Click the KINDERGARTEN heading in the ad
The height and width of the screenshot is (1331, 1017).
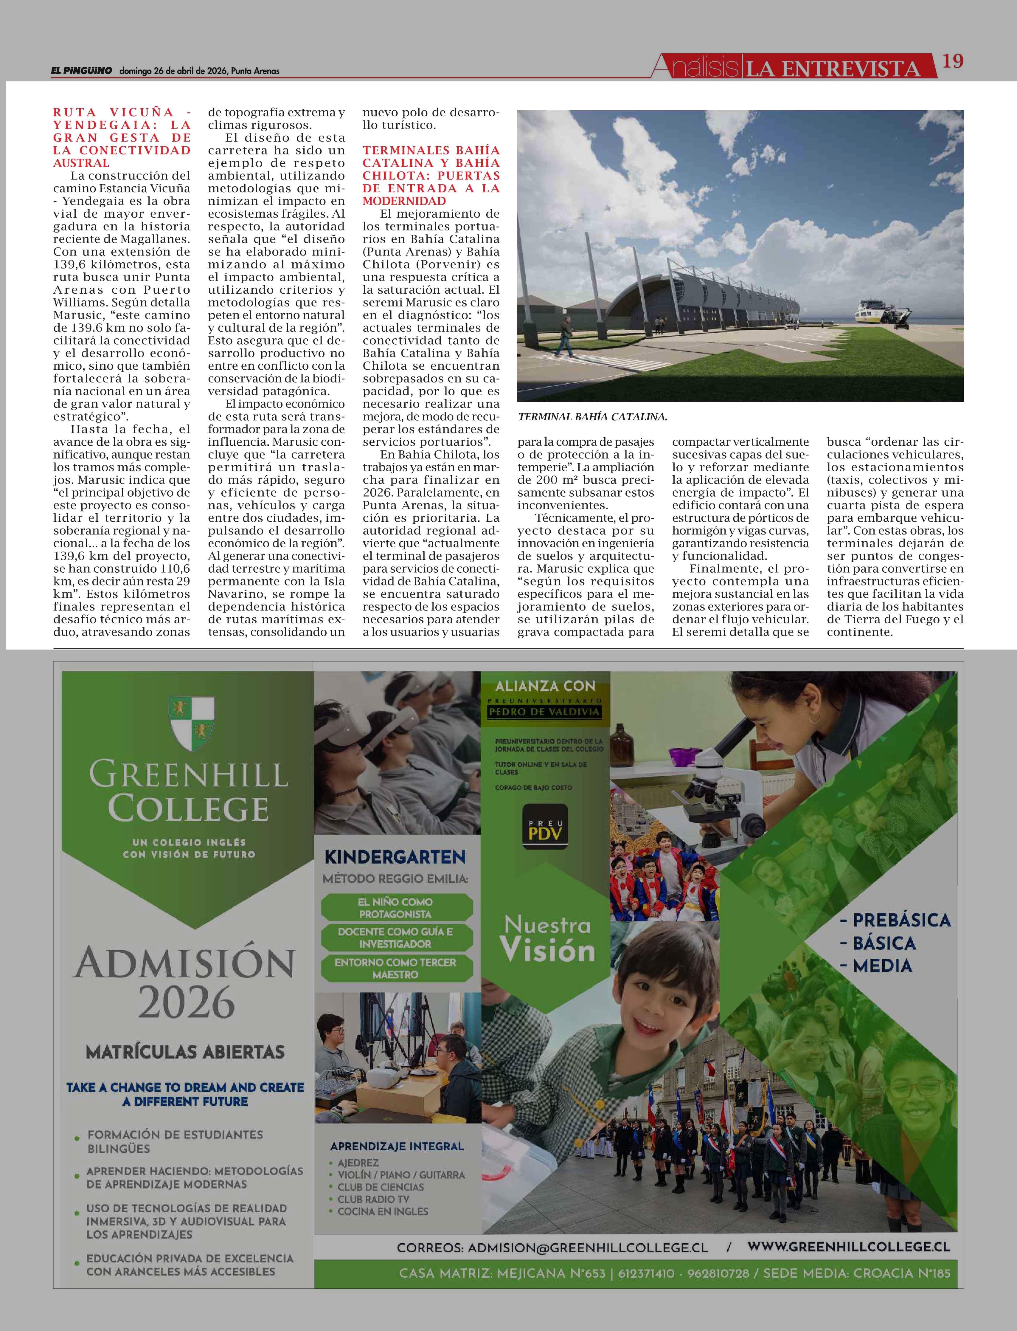pos(395,857)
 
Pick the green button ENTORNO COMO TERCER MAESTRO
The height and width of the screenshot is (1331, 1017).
pos(395,968)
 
